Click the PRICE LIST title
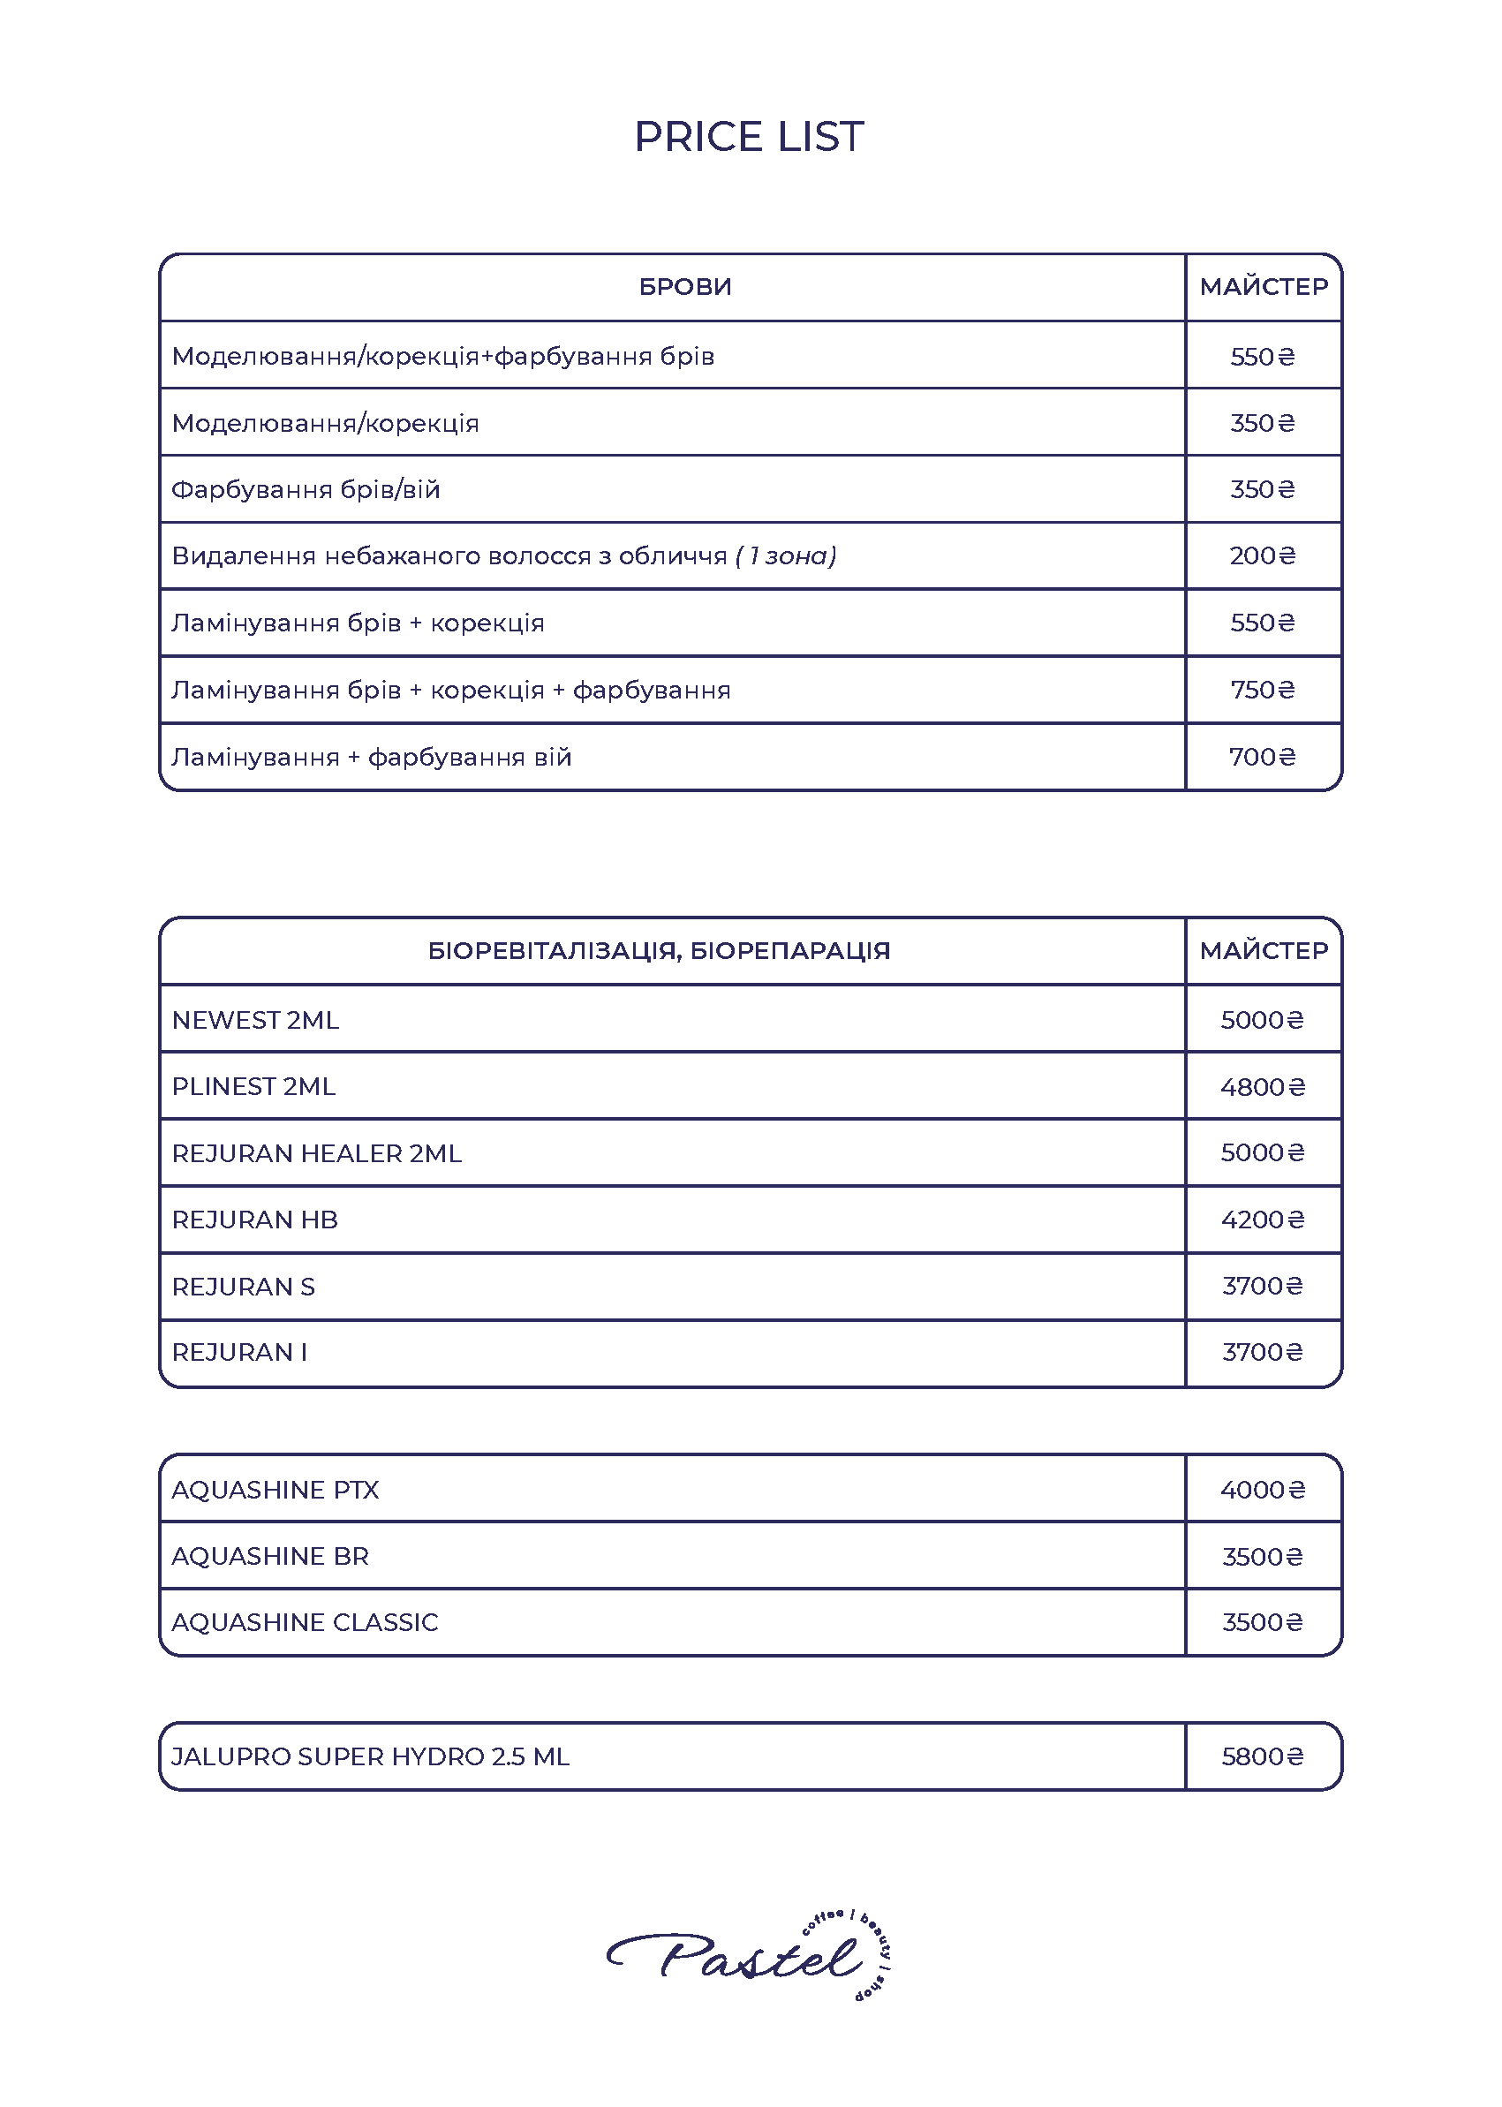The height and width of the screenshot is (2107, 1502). click(x=749, y=137)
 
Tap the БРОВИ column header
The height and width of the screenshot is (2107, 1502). click(x=685, y=287)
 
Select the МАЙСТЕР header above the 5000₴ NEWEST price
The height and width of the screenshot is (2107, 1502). click(x=1264, y=951)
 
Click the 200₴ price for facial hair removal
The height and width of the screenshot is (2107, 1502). click(x=1263, y=555)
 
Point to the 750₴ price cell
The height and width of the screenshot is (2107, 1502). click(x=1263, y=690)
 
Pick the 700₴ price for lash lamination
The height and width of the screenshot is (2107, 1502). click(x=1263, y=758)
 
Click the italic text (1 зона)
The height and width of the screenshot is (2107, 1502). click(x=786, y=555)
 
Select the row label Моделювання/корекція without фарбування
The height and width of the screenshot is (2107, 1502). click(x=326, y=424)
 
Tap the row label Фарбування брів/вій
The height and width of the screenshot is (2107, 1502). click(x=306, y=489)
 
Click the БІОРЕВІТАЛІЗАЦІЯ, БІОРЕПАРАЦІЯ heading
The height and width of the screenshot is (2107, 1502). click(x=659, y=951)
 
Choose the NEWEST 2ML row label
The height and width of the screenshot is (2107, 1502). click(x=255, y=1020)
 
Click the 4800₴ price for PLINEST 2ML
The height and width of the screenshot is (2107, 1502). click(x=1263, y=1087)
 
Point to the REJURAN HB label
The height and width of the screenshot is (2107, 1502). click(x=255, y=1220)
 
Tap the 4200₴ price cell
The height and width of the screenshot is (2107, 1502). click(x=1263, y=1220)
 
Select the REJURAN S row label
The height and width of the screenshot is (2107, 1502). click(x=243, y=1287)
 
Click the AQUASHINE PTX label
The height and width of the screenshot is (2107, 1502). click(x=275, y=1490)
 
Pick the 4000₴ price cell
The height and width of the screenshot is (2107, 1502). click(x=1263, y=1490)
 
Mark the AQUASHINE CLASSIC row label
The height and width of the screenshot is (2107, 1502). click(x=306, y=1622)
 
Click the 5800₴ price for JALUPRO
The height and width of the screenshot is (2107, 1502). click(x=1263, y=1756)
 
